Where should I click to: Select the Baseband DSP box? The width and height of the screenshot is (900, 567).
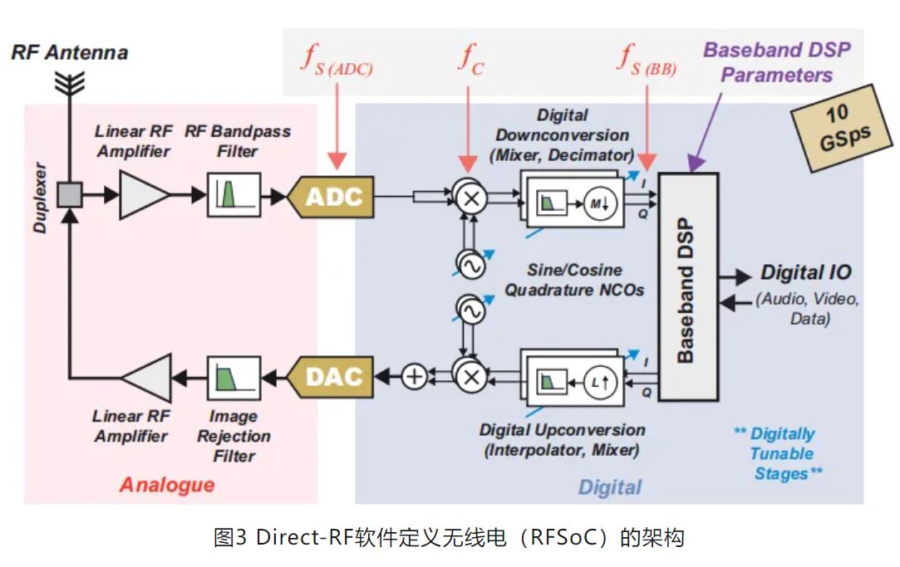click(686, 286)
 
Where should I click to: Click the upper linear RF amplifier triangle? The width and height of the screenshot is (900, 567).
click(142, 196)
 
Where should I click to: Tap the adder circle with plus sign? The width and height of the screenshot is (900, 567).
click(414, 377)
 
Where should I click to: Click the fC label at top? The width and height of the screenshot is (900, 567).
click(470, 59)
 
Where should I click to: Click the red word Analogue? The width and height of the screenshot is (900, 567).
click(167, 485)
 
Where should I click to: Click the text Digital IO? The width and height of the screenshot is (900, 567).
click(805, 273)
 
